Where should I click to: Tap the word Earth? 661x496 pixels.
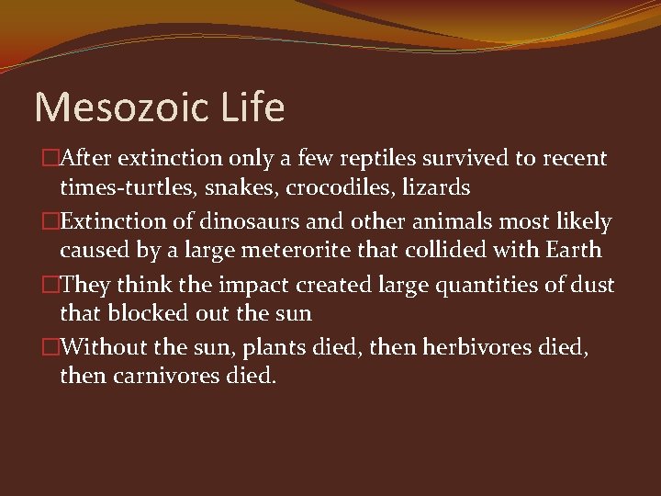[x=570, y=250]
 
